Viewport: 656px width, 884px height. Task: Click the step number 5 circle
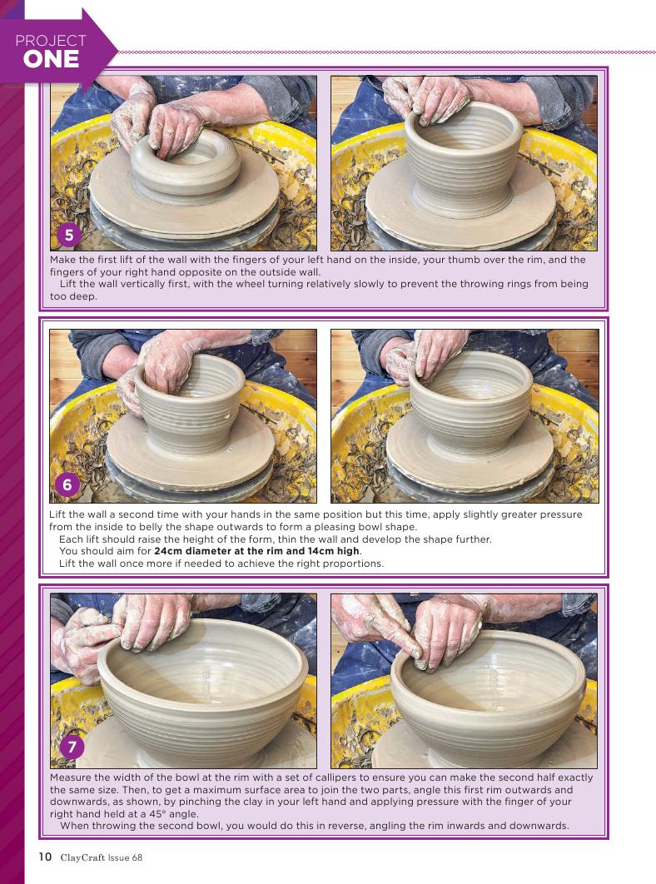69,235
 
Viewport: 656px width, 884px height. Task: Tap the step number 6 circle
67,484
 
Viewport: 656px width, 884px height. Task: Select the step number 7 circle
72,747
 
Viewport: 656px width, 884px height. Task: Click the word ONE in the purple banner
52,59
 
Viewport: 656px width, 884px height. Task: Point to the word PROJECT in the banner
51,41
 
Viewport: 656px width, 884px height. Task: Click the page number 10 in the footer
45,857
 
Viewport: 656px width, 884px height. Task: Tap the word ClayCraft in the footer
82,857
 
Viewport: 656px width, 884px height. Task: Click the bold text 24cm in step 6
168,551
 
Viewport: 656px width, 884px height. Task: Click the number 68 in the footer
137,857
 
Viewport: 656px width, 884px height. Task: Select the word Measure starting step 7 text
70,777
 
